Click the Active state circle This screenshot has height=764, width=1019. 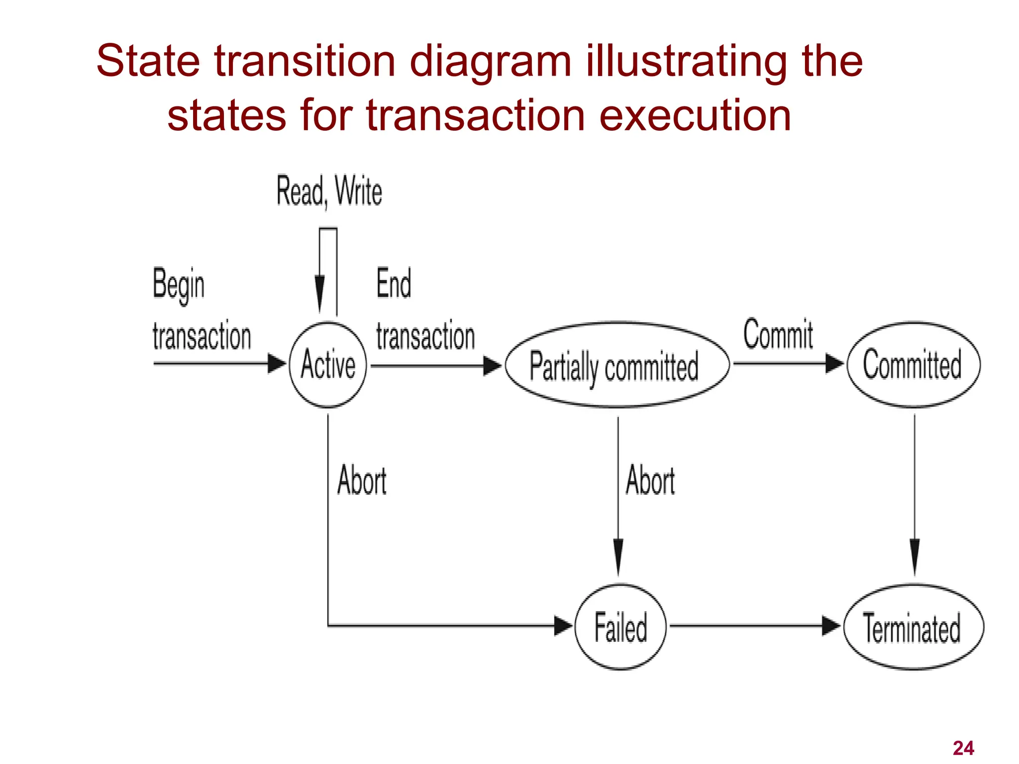(328, 365)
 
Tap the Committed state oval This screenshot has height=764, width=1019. (914, 365)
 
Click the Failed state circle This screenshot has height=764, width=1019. (620, 627)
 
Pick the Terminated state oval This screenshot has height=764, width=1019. (914, 627)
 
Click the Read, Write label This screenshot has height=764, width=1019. (329, 191)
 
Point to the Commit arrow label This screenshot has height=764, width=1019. (778, 334)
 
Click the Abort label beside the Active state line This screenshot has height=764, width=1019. (362, 480)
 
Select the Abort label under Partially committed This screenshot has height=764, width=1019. (650, 480)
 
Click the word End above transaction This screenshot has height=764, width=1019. (394, 284)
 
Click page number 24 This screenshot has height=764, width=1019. (963, 748)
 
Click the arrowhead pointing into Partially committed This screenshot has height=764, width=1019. (493, 366)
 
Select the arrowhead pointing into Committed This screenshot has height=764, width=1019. (834, 364)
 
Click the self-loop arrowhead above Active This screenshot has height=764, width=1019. (320, 293)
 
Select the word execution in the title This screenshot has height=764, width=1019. (695, 115)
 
